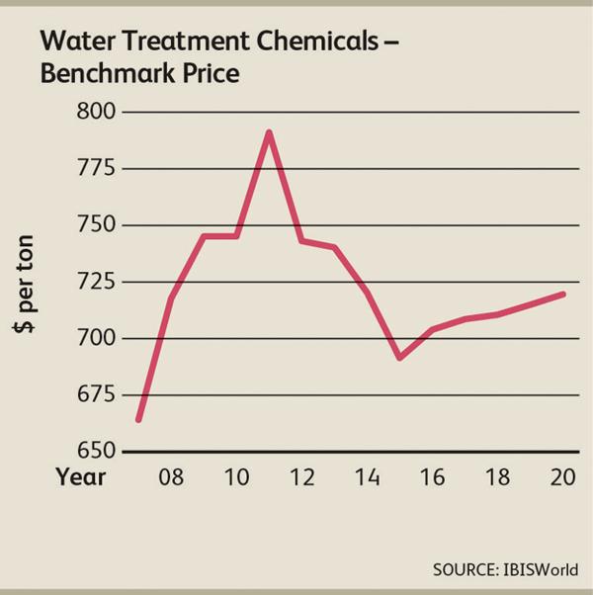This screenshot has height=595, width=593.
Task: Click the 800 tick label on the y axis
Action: pyautogui.click(x=97, y=112)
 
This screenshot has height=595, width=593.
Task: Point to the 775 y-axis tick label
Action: pyautogui.click(x=97, y=168)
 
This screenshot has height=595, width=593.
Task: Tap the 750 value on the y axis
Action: pyautogui.click(x=97, y=225)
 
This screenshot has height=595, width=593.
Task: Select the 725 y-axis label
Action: pyautogui.click(x=97, y=282)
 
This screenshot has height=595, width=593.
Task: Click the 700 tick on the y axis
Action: pyautogui.click(x=97, y=338)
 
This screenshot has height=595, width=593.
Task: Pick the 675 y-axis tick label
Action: pyautogui.click(x=97, y=395)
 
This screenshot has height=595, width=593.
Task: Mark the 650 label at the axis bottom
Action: pyautogui.click(x=97, y=452)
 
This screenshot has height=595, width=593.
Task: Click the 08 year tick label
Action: pyautogui.click(x=171, y=477)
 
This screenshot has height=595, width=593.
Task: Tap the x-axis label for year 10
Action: pyautogui.click(x=236, y=477)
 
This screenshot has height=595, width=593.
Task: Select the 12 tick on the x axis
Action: pyautogui.click(x=301, y=477)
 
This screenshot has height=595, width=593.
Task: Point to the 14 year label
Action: pyautogui.click(x=367, y=477)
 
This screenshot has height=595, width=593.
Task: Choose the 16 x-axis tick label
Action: pyautogui.click(x=432, y=477)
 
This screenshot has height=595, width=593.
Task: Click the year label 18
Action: pyautogui.click(x=497, y=477)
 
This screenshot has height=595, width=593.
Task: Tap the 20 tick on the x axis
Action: pyautogui.click(x=562, y=477)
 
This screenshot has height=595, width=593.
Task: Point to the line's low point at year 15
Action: pyautogui.click(x=399, y=357)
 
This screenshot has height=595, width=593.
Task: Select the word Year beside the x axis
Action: pyautogui.click(x=80, y=477)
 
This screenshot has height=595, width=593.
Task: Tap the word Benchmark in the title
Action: pyautogui.click(x=101, y=74)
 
